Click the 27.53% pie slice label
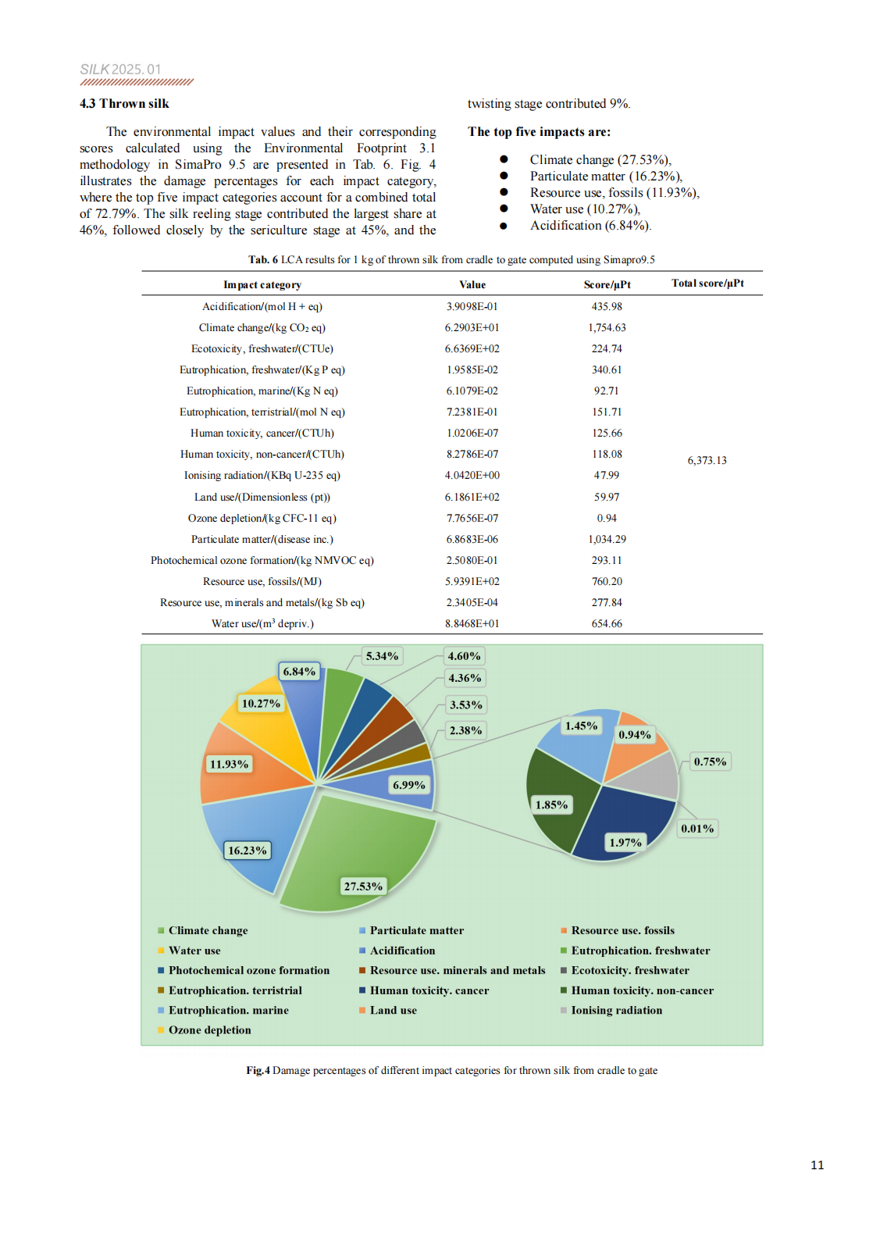363,886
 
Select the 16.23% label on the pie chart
248,851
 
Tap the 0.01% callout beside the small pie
697,829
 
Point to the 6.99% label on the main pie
409,785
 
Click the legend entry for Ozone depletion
205,1030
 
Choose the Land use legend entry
388,1010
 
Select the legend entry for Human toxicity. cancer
424,990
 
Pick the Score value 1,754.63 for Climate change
607,327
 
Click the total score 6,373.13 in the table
707,460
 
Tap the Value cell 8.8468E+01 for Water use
472,623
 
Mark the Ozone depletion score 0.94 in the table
607,518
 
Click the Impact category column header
262,284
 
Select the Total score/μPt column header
707,283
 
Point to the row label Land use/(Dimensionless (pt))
262,497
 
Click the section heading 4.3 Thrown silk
124,103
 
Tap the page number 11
817,1165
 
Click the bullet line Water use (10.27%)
586,209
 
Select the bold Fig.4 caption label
258,1071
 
